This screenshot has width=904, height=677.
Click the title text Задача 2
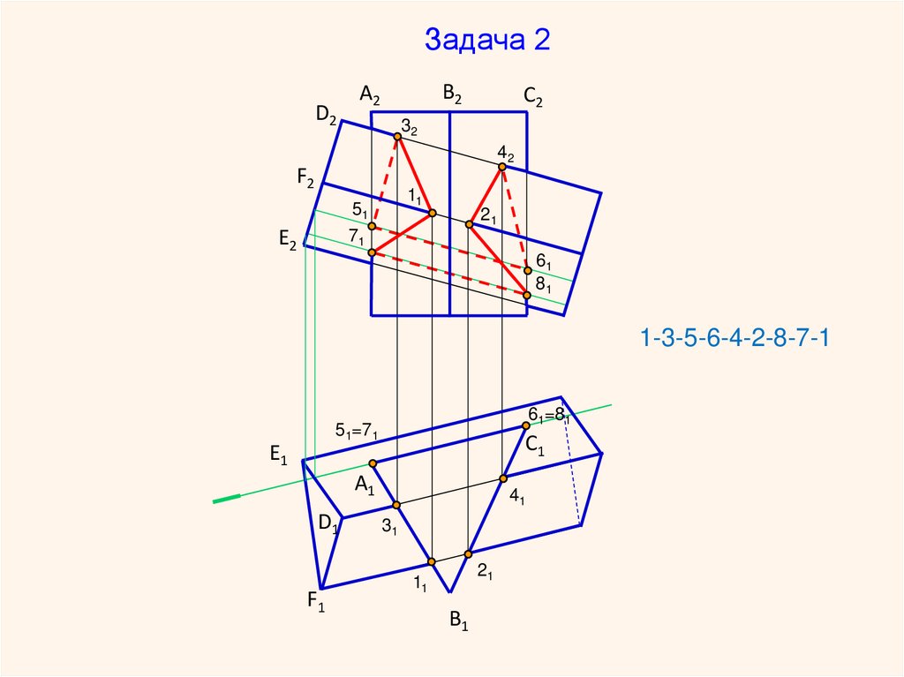click(487, 40)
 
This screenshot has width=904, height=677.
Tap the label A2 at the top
click(369, 94)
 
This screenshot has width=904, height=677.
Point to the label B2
click(452, 93)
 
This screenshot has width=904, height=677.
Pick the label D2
click(326, 114)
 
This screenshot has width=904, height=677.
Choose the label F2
click(305, 179)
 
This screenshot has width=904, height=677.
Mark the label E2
click(287, 238)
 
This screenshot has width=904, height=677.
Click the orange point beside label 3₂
click(398, 136)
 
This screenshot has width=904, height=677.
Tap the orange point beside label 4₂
click(502, 166)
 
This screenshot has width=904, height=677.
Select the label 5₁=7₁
click(357, 431)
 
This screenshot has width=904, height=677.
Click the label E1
click(279, 455)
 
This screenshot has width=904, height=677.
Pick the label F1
click(317, 602)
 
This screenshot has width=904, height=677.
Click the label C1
click(536, 448)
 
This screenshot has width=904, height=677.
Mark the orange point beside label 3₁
click(396, 505)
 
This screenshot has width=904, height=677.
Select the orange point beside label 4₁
click(503, 478)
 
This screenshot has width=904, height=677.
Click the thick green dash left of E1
click(227, 500)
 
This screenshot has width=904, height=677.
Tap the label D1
click(328, 524)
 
